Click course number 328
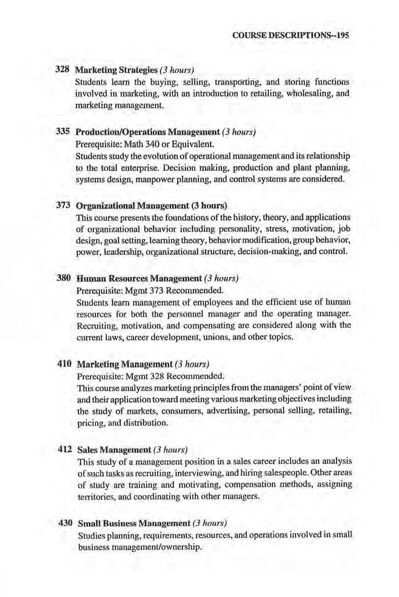click(61, 70)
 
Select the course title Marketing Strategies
click(116, 70)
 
